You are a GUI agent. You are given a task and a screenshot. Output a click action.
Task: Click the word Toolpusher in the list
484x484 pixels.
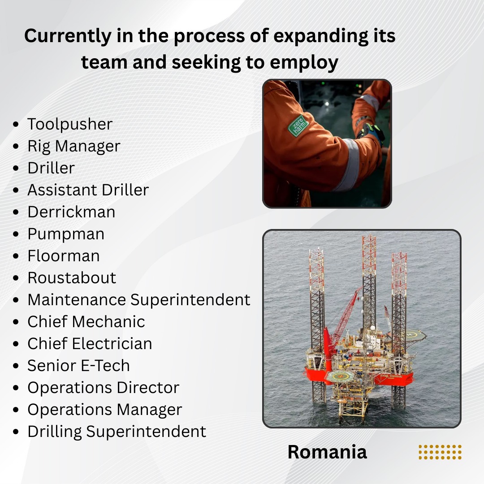[x=69, y=124]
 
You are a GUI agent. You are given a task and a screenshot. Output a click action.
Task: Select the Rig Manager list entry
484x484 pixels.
[x=73, y=146]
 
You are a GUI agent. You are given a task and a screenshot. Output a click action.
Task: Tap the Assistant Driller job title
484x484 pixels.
[x=88, y=190]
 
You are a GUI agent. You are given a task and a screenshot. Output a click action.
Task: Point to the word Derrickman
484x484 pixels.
[x=71, y=212]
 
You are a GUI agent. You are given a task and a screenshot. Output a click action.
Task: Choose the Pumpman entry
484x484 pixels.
[x=66, y=234]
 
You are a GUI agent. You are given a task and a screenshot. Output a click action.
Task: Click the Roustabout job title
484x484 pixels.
[x=72, y=278]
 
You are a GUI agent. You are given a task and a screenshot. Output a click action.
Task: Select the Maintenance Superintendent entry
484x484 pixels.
[x=138, y=300]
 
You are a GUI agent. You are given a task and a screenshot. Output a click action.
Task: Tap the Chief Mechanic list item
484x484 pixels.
[x=86, y=322]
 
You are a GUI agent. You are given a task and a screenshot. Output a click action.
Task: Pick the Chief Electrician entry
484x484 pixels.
[x=90, y=344]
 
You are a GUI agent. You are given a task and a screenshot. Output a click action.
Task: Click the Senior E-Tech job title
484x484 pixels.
[x=78, y=366]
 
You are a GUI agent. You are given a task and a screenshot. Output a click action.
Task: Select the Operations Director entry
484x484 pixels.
[x=103, y=388]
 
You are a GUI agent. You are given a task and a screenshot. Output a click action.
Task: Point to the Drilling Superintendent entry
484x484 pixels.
[x=117, y=432]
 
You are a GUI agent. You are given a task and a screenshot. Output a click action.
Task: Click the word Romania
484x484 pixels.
[x=327, y=452]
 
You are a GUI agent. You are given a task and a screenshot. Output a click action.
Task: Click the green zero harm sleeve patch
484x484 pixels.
[x=298, y=125]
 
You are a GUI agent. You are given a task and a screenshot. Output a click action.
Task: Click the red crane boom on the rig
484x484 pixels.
[x=345, y=314]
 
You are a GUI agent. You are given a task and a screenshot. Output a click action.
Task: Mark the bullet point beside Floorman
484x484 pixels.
[x=17, y=256]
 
